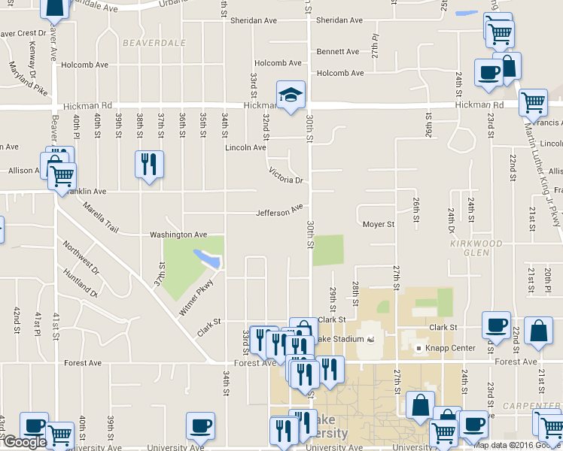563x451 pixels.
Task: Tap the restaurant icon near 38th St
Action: click(x=148, y=164)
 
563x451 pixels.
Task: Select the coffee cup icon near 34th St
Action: click(x=200, y=425)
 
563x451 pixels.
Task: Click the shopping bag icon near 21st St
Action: click(x=538, y=331)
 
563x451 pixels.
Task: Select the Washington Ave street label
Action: click(x=178, y=235)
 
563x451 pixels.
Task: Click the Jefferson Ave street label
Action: click(x=279, y=212)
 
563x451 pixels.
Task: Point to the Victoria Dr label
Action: click(x=286, y=176)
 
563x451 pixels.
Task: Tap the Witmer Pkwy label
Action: click(x=196, y=298)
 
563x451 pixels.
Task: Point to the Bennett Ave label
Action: click(x=338, y=52)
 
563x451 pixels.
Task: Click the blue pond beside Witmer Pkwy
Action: click(x=207, y=258)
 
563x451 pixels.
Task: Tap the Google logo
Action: click(x=24, y=442)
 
